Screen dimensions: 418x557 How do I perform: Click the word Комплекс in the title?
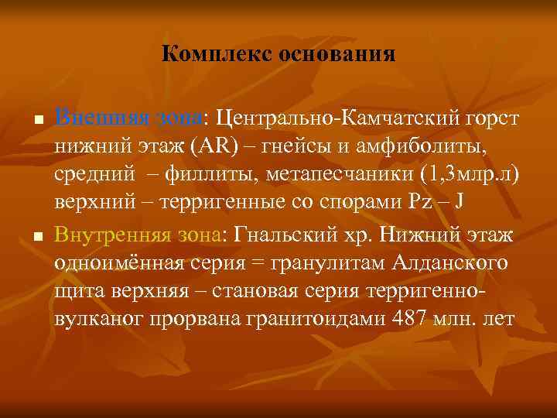tap(208, 55)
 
